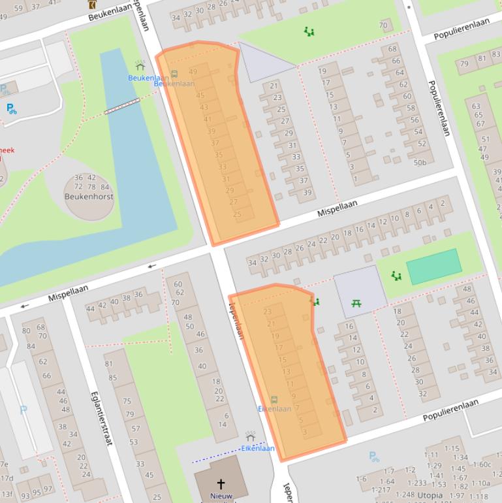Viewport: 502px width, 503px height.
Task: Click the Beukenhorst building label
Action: coord(89,196)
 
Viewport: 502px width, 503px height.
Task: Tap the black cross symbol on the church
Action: coord(221,484)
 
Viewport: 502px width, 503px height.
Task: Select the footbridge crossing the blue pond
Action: coord(122,106)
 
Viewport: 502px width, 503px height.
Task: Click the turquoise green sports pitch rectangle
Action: coord(434,267)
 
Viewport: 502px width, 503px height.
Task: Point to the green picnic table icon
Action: coord(356,303)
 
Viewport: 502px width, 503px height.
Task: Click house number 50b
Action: coord(420,163)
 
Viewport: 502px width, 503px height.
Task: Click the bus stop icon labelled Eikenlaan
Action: coord(274,399)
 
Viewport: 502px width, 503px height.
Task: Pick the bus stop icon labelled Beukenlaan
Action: coord(174,74)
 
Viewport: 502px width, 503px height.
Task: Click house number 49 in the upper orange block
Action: coord(193,72)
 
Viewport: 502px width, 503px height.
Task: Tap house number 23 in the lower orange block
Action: coord(268,312)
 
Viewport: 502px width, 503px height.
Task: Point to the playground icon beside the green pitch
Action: coord(396,276)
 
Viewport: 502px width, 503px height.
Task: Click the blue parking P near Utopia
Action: coord(373,457)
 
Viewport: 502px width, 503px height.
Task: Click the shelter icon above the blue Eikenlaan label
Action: coord(250,436)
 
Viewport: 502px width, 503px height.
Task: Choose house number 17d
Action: coord(5,478)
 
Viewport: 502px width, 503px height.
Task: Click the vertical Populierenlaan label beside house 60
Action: coord(439,108)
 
